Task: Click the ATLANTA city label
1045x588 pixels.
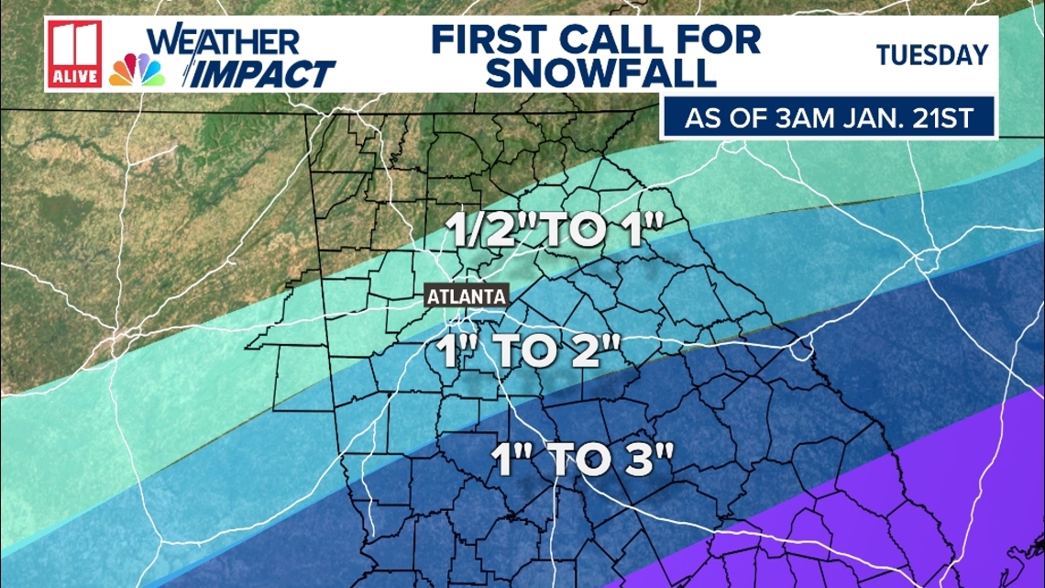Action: click(x=467, y=296)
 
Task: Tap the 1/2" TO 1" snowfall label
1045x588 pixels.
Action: click(x=552, y=231)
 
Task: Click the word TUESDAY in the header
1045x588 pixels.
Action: click(x=931, y=55)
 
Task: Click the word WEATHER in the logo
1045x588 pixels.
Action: click(x=223, y=41)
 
